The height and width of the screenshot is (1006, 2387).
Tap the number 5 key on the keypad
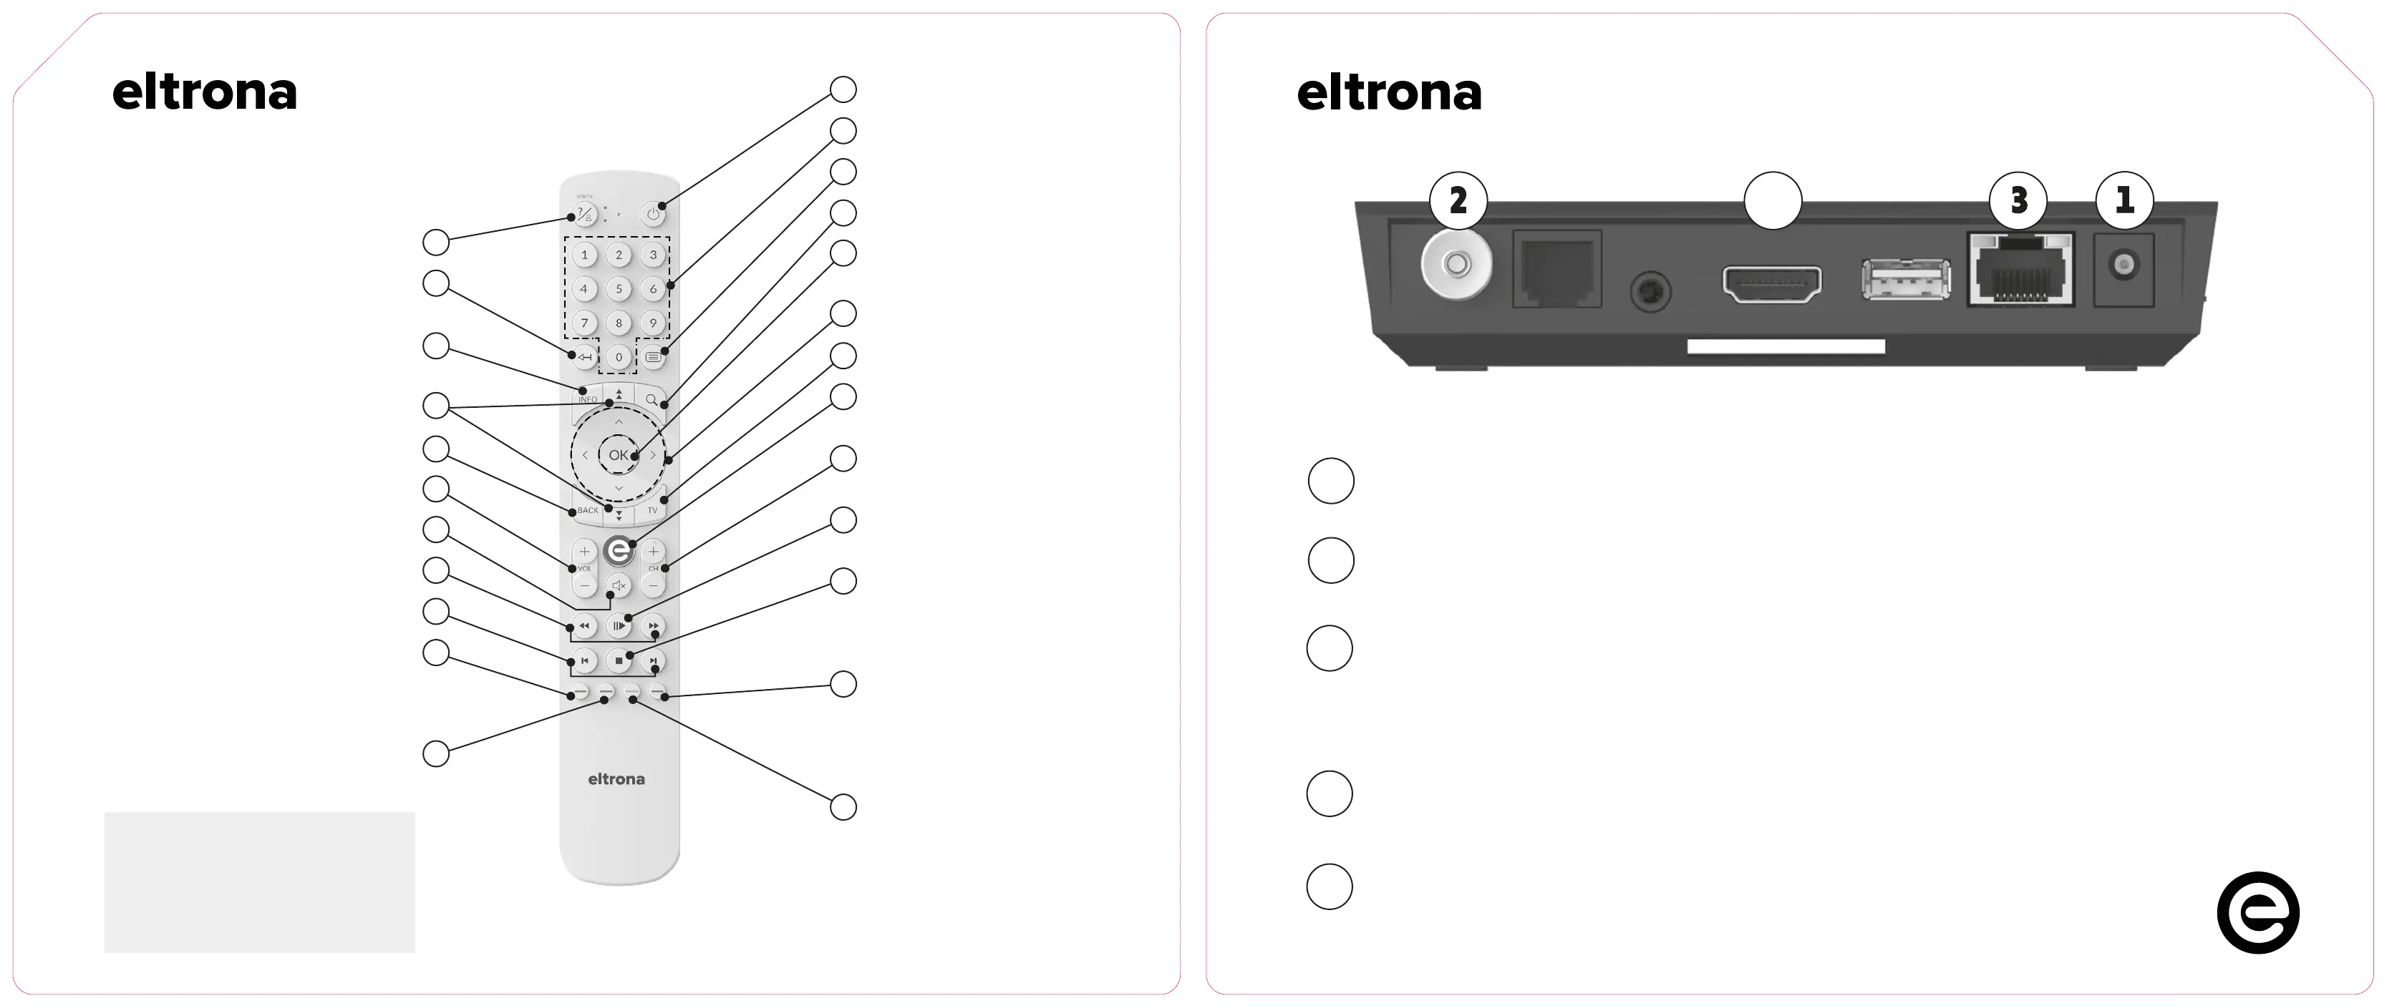(619, 289)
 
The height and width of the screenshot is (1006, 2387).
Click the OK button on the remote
(618, 455)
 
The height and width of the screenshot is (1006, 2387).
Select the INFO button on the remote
(588, 397)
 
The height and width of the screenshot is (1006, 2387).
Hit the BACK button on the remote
(588, 510)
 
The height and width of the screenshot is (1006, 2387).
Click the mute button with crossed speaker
(619, 585)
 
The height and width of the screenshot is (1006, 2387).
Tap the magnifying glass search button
(652, 399)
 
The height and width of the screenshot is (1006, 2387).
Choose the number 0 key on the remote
(619, 356)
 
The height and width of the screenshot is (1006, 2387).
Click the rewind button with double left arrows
(584, 626)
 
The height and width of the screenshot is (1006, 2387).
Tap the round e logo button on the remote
(618, 551)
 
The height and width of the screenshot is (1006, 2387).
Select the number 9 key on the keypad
(653, 323)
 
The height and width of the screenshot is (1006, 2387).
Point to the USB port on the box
(1906, 280)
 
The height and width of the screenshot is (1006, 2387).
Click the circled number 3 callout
(2018, 200)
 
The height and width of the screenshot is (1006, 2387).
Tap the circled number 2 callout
(1458, 200)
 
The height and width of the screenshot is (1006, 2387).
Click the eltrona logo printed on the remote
(616, 779)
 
